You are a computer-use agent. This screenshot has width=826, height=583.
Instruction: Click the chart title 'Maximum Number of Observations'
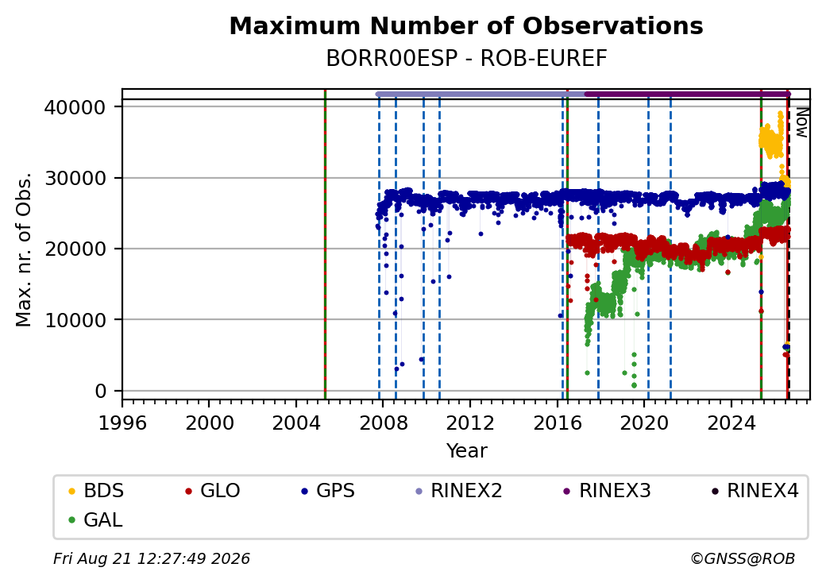(x=466, y=25)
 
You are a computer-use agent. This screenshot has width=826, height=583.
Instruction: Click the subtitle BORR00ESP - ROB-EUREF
(x=466, y=59)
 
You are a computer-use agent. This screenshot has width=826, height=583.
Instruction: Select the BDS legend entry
(x=96, y=491)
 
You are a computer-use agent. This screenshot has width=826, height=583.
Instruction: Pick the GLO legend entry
(x=212, y=491)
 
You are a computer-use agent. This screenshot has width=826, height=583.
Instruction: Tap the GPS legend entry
(x=328, y=491)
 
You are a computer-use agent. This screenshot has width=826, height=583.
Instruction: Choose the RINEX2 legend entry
(x=458, y=491)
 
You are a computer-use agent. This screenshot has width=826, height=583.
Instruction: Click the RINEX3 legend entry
(x=607, y=491)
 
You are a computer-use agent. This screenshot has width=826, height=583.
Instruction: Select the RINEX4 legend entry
(x=755, y=491)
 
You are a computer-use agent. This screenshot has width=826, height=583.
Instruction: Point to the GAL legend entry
(x=95, y=519)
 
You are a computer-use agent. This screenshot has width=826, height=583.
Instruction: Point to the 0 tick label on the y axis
(x=100, y=392)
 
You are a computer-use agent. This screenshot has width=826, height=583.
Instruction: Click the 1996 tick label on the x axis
(x=122, y=423)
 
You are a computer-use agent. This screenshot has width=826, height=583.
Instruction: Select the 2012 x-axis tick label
(x=470, y=423)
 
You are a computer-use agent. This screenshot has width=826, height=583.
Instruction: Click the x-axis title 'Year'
(x=467, y=451)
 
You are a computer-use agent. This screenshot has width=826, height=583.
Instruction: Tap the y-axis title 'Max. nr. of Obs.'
(x=24, y=249)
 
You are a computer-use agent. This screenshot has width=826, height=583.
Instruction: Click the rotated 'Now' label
(x=801, y=122)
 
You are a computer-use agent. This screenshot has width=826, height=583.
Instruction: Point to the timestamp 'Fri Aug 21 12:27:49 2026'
(x=152, y=558)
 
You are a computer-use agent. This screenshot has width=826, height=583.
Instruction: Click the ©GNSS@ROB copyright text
(x=743, y=558)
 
